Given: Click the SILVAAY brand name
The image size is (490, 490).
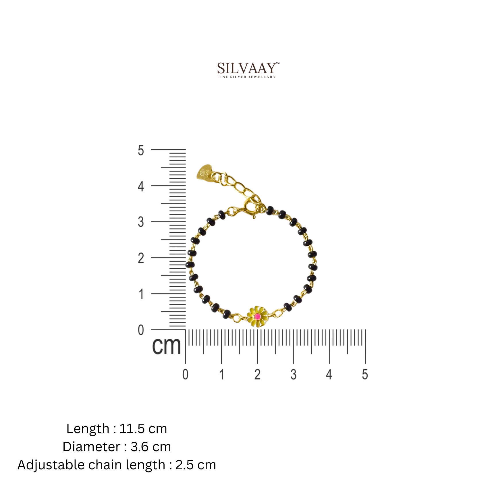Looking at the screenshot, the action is click(x=246, y=68).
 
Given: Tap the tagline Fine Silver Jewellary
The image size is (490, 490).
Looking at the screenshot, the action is click(x=246, y=77).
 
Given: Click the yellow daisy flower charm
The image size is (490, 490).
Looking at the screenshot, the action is click(x=257, y=317).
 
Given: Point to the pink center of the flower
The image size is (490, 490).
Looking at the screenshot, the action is click(x=258, y=317).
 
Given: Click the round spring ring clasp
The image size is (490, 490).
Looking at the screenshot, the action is click(x=251, y=207).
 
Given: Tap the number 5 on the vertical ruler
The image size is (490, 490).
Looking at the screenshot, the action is click(x=141, y=151).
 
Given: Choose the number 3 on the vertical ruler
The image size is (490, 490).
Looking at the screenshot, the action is click(x=141, y=222).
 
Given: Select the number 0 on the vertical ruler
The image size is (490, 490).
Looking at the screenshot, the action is click(x=141, y=330).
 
